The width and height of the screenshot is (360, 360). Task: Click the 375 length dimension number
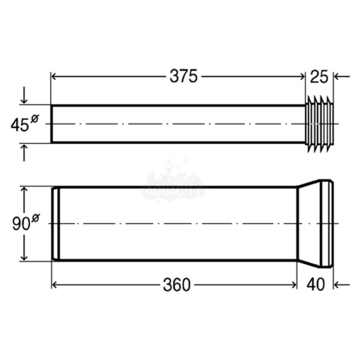[x=183, y=76]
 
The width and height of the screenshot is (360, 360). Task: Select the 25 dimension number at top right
[x=320, y=76]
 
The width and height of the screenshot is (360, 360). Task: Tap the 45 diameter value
[x=19, y=125]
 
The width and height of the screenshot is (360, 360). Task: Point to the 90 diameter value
[x=21, y=224]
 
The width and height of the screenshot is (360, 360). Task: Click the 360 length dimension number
[x=177, y=285]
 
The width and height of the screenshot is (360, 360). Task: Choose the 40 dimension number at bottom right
[x=315, y=285]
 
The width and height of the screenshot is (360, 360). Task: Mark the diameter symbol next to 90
[x=36, y=218]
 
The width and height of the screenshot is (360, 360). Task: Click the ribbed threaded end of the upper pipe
[x=319, y=124]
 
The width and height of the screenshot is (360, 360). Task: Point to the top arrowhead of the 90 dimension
[x=24, y=192]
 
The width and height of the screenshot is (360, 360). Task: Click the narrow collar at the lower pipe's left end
[x=55, y=224]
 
